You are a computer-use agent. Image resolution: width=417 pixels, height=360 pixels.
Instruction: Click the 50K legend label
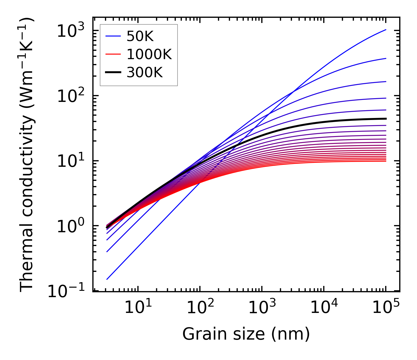(140, 36)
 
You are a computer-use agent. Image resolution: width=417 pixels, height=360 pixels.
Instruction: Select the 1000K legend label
(149, 55)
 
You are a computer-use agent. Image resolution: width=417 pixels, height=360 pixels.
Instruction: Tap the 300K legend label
(145, 73)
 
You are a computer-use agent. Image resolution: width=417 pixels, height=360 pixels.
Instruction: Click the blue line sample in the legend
(113, 36)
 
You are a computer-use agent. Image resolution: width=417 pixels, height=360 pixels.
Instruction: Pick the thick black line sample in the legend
(113, 73)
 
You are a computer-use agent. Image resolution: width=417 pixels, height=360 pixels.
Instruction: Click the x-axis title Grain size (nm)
(246, 334)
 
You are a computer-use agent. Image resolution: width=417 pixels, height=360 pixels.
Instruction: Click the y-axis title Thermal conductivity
(27, 155)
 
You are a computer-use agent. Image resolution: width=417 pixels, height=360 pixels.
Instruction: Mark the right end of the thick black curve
(386, 119)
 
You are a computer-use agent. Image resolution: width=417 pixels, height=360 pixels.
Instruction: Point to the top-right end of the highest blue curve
(386, 30)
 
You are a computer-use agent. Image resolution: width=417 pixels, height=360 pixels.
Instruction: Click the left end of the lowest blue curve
(107, 279)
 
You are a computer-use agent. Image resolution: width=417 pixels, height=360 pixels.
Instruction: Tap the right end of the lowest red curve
(386, 161)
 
